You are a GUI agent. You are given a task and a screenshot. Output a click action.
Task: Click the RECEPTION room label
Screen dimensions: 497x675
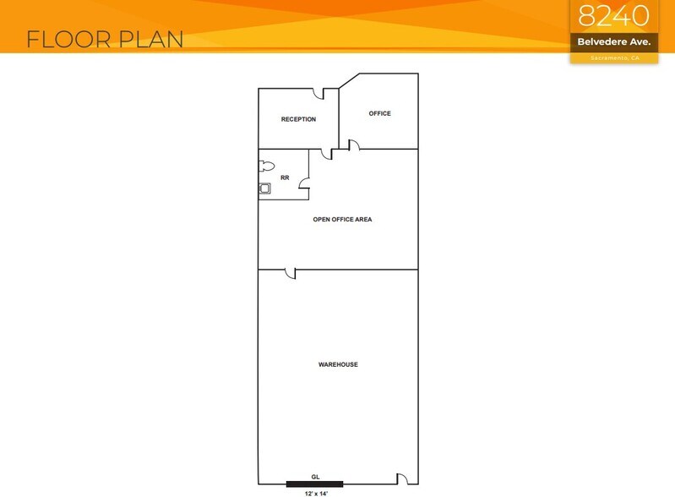(x=298, y=119)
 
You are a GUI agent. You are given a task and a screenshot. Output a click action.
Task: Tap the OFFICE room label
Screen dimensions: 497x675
(x=379, y=113)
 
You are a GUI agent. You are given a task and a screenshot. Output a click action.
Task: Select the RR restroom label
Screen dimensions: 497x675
(x=285, y=178)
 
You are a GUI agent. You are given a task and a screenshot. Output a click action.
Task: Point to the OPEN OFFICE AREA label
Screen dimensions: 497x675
(x=342, y=219)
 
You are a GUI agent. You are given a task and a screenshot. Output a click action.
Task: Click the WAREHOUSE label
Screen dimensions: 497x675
(x=338, y=364)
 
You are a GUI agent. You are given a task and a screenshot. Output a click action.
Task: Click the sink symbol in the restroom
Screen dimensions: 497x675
(x=265, y=188)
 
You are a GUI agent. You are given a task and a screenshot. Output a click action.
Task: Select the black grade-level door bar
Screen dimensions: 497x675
(x=314, y=484)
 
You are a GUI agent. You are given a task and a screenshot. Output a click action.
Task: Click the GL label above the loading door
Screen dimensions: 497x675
(x=315, y=477)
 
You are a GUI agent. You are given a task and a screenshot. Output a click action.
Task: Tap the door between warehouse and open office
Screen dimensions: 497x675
(x=289, y=273)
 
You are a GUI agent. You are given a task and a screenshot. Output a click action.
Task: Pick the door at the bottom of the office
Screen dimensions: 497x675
(x=356, y=146)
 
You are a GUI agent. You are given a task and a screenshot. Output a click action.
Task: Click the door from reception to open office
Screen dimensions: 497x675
(x=326, y=153)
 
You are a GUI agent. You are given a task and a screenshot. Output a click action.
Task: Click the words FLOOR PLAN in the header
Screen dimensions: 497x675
(x=105, y=39)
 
